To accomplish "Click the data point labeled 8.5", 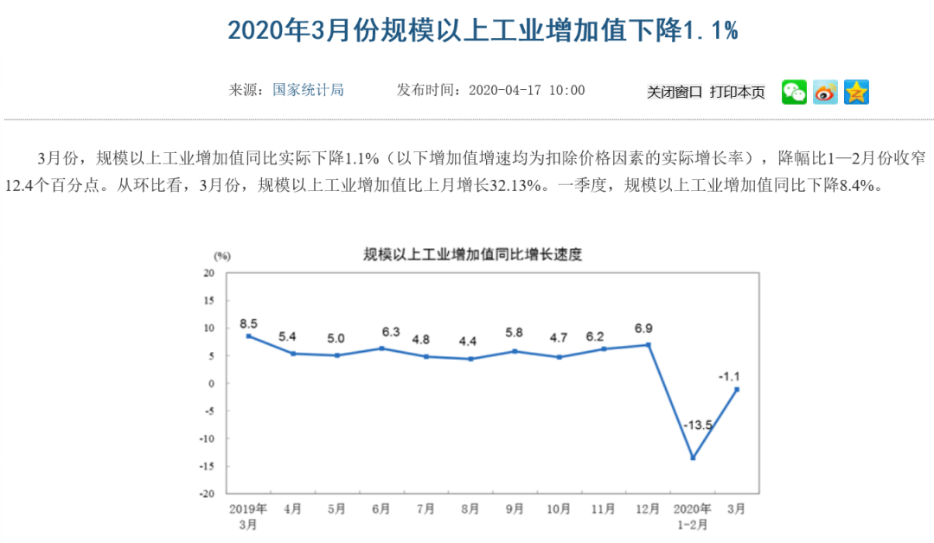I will tap(248, 335).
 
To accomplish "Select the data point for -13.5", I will tap(693, 457).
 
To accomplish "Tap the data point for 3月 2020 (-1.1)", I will tap(737, 389).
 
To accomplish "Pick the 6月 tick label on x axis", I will tap(382, 508).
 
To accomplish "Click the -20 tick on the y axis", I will tap(208, 494).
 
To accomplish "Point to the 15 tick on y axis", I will tap(208, 300).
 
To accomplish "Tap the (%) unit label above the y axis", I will tap(222, 256).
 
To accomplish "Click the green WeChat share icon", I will tap(794, 92).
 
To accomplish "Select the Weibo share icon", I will tap(825, 92).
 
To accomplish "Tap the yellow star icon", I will tap(856, 92).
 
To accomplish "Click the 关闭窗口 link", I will tap(675, 93).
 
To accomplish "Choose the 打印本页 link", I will tap(737, 93).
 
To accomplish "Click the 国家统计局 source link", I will tap(309, 90).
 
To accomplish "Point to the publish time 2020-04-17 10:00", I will tap(526, 90).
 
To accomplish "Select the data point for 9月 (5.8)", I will tap(515, 351).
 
